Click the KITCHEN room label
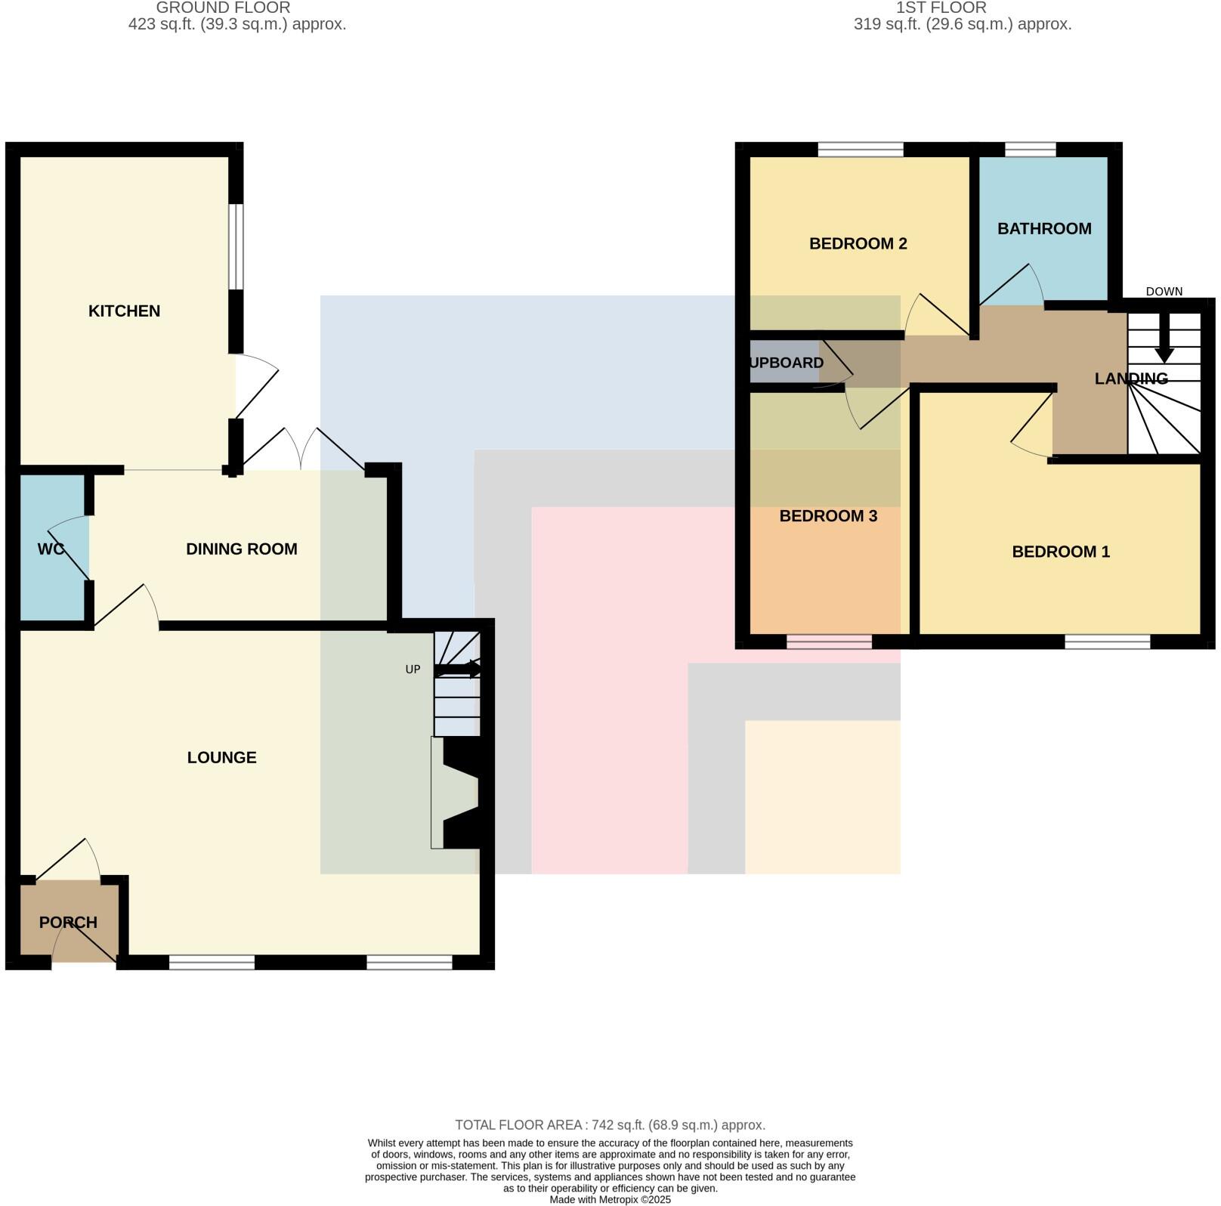124,311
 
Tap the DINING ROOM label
241,549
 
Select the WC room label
51,549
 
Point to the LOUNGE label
221,757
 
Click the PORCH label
68,922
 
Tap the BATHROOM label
1043,228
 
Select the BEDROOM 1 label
1060,552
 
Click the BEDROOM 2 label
858,243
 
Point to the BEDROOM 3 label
827,516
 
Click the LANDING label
1130,378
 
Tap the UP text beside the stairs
413,669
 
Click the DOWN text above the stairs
1164,292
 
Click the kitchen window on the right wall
236,246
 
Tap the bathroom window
1030,150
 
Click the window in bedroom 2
860,150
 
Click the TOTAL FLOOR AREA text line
610,1124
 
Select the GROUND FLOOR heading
223,8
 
